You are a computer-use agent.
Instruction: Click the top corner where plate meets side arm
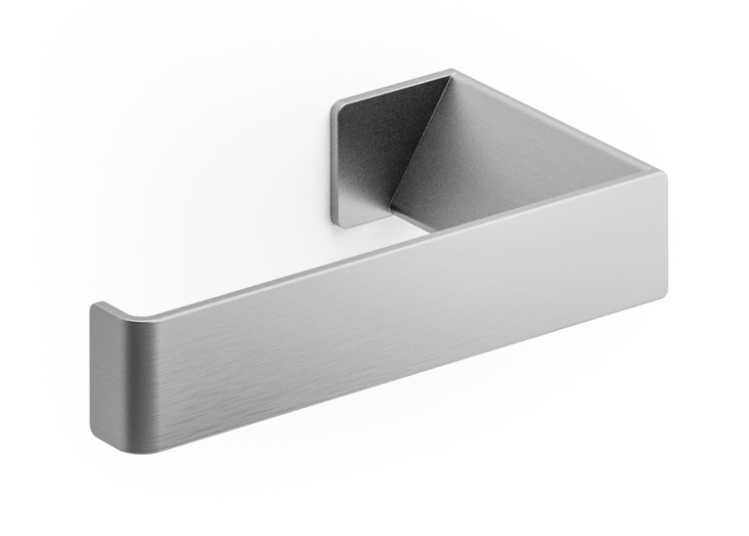coord(452,72)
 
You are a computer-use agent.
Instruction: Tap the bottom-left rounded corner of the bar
coord(107,439)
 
